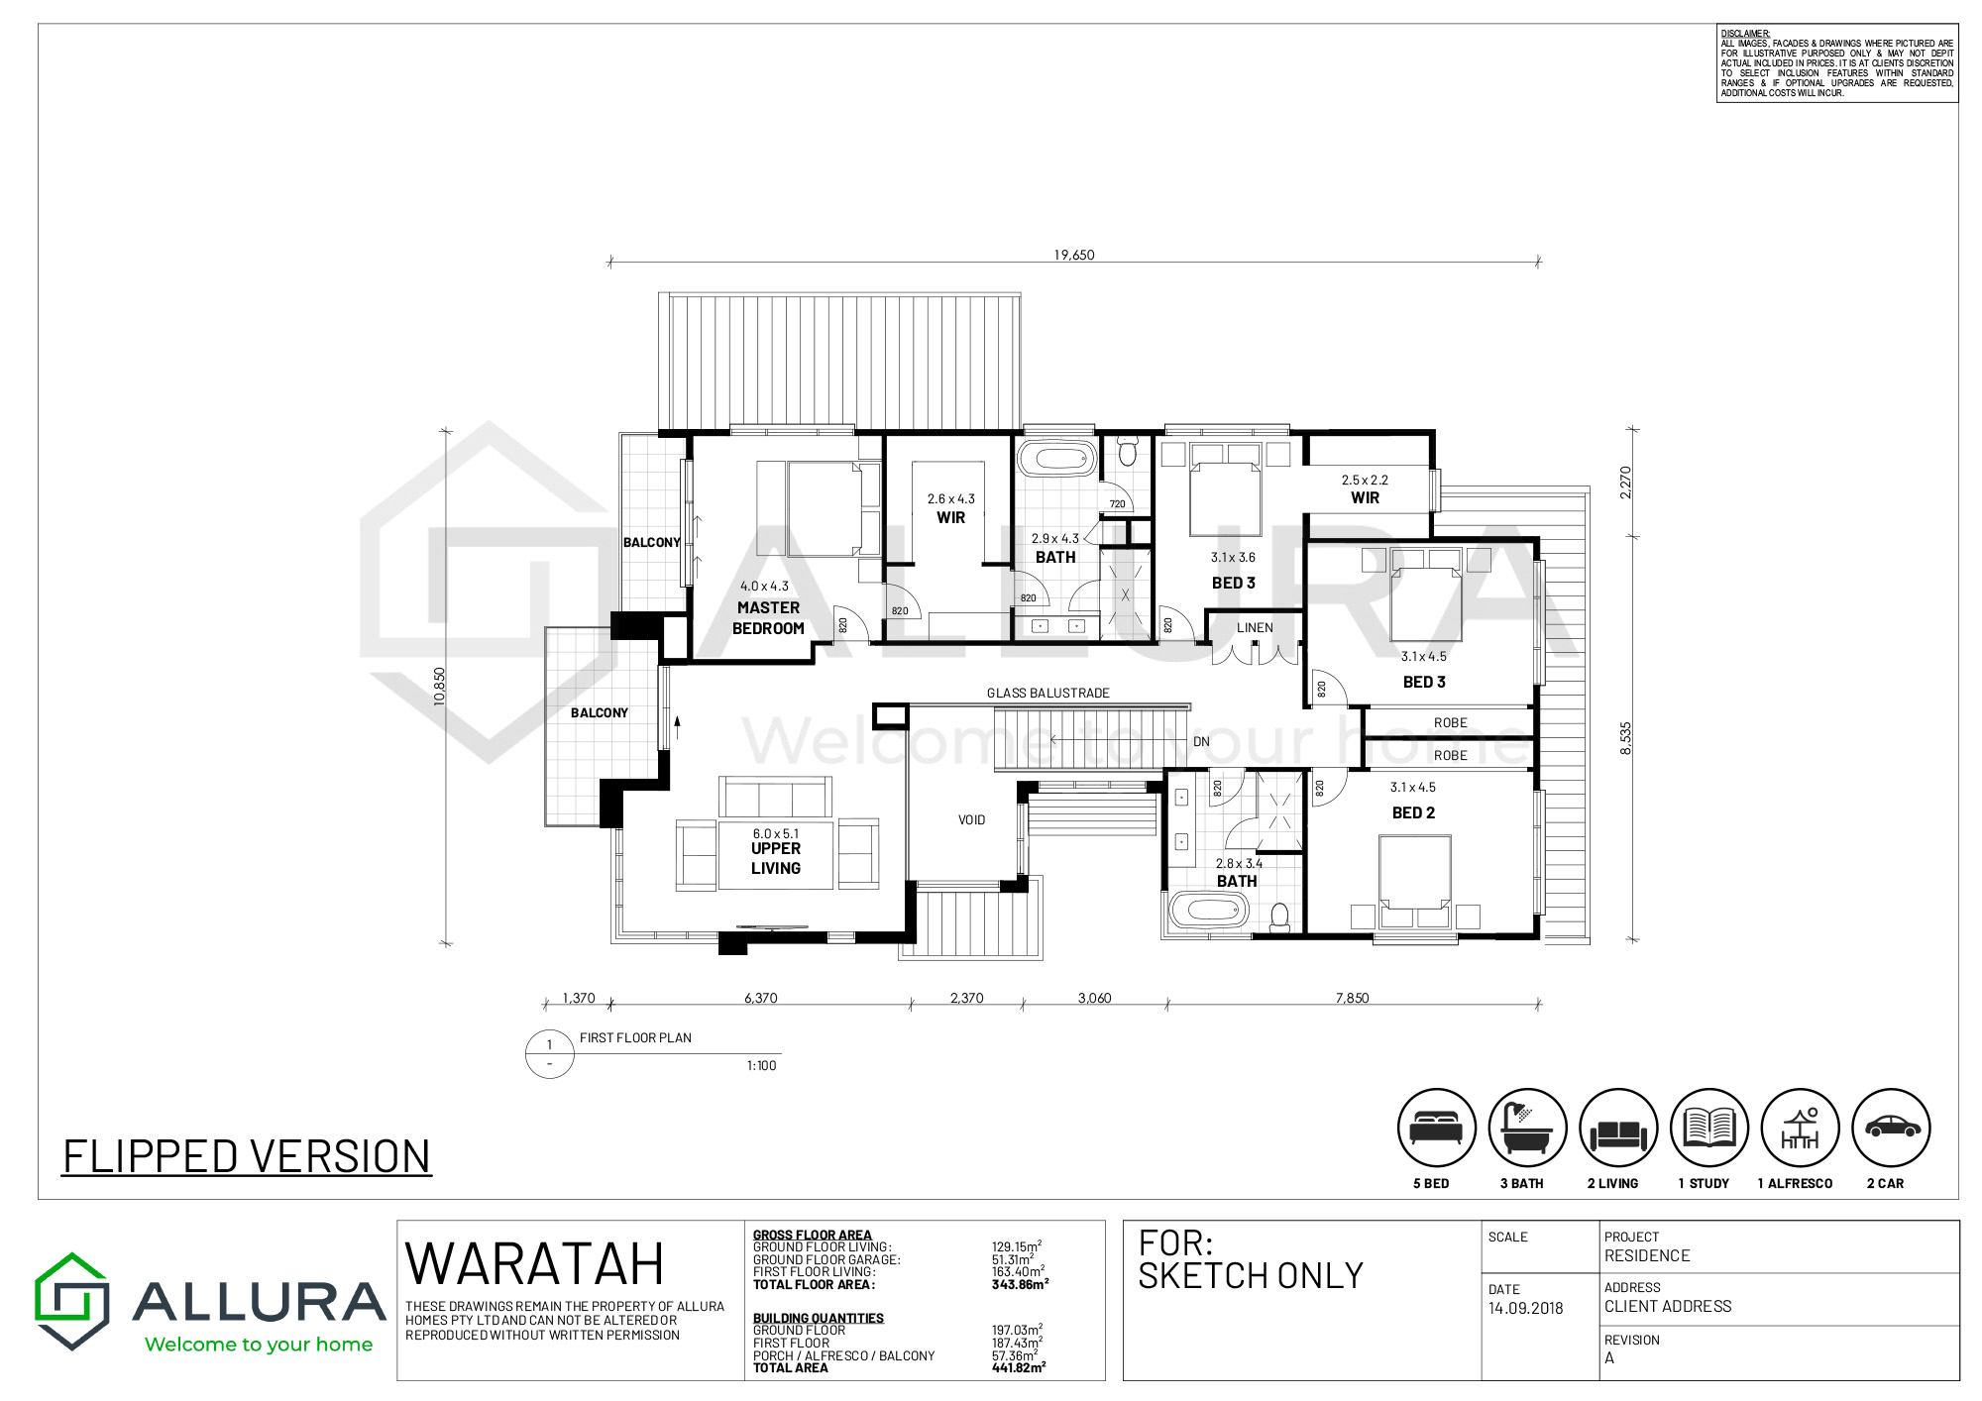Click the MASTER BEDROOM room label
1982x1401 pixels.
pos(768,618)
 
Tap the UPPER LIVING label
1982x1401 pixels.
pos(776,858)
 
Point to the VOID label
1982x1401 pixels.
pos(971,820)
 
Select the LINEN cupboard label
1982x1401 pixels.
pos(1255,627)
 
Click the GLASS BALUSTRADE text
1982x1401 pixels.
pos(1048,694)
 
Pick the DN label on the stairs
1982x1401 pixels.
pos(1201,741)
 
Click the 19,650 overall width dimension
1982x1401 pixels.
pos(1074,255)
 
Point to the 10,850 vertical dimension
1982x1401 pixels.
pos(439,687)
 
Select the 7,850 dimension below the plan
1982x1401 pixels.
pos(1352,998)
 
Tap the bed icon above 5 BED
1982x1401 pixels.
pos(1436,1128)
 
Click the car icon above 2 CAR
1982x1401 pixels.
pos(1892,1128)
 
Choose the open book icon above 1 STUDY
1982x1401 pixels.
pos(1709,1128)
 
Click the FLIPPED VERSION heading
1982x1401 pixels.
pos(247,1156)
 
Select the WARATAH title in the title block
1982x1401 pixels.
pos(534,1264)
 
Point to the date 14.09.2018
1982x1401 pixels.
pos(1525,1308)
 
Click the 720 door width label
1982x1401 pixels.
pos(1118,504)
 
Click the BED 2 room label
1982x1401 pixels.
pos(1413,812)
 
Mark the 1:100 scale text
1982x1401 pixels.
pos(761,1066)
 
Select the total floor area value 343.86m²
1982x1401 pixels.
pos(1020,1284)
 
